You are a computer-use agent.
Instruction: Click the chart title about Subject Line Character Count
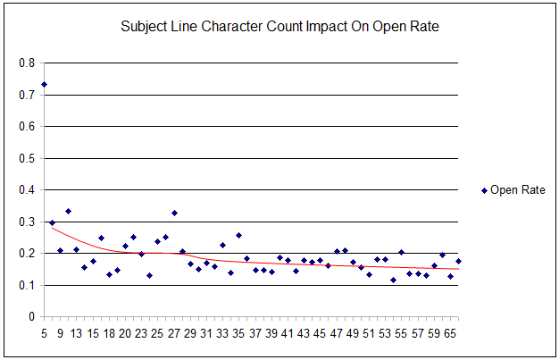coord(279,27)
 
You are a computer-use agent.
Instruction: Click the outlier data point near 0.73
coord(44,84)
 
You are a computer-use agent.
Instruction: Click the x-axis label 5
coord(44,334)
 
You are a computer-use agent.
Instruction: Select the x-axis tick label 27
coord(173,334)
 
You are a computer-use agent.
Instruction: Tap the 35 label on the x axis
coord(238,334)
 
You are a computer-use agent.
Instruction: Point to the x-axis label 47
coord(336,334)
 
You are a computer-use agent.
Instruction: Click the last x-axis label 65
coord(452,334)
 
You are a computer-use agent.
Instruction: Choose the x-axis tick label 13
coord(76,334)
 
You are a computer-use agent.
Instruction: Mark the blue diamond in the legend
coord(484,189)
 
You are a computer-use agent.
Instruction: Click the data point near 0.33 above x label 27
coord(174,213)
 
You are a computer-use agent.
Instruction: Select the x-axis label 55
coord(401,334)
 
